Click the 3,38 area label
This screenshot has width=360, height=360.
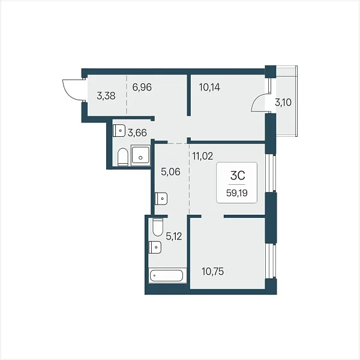click(106, 96)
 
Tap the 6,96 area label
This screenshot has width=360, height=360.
click(142, 87)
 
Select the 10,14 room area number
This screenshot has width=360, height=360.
click(209, 87)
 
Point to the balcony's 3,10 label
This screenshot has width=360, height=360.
click(283, 103)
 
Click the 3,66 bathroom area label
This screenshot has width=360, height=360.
click(137, 133)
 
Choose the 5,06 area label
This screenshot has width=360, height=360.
click(170, 172)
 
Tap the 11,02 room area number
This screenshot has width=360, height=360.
click(203, 156)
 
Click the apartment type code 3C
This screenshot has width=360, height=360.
click(238, 176)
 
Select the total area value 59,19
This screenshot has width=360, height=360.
click(237, 193)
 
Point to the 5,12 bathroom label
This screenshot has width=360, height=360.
click(174, 236)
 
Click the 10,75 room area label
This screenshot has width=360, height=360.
click(213, 271)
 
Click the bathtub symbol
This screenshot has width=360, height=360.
click(166, 275)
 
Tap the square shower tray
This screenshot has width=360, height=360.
click(140, 155)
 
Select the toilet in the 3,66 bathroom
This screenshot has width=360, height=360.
click(122, 157)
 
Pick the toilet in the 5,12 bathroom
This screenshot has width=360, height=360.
click(158, 227)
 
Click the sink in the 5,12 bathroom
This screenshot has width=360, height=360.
click(155, 247)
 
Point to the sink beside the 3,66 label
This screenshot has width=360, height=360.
click(119, 131)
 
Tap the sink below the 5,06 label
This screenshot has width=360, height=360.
click(161, 199)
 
